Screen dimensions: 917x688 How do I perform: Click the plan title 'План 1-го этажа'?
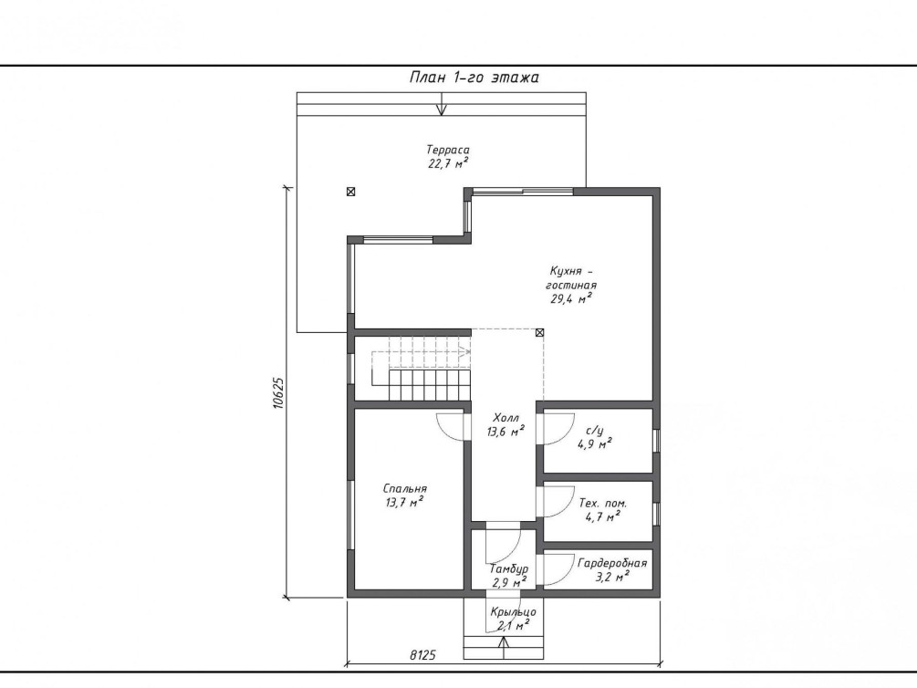pyautogui.click(x=474, y=78)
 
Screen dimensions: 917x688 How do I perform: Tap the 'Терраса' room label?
pyautogui.click(x=447, y=150)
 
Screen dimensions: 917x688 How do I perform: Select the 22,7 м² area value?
pyautogui.click(x=448, y=163)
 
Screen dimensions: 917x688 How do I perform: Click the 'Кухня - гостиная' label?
pyautogui.click(x=571, y=278)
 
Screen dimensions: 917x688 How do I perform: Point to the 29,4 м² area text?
pyautogui.click(x=571, y=299)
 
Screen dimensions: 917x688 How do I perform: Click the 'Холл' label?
pyautogui.click(x=505, y=418)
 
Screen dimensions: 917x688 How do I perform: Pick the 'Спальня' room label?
pyautogui.click(x=405, y=488)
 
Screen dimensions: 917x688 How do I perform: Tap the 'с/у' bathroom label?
pyautogui.click(x=595, y=431)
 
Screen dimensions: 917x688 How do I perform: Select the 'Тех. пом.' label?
pyautogui.click(x=602, y=503)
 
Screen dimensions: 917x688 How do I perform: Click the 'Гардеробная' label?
pyautogui.click(x=612, y=563)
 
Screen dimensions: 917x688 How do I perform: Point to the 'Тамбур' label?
pyautogui.click(x=509, y=568)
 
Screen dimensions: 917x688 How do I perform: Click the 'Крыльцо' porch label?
pyautogui.click(x=513, y=612)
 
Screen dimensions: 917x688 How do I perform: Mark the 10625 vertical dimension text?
pyautogui.click(x=278, y=393)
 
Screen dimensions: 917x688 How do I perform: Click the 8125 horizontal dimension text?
pyautogui.click(x=422, y=655)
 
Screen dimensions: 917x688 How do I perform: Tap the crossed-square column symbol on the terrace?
pyautogui.click(x=350, y=192)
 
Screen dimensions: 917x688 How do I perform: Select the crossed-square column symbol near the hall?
pyautogui.click(x=539, y=332)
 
